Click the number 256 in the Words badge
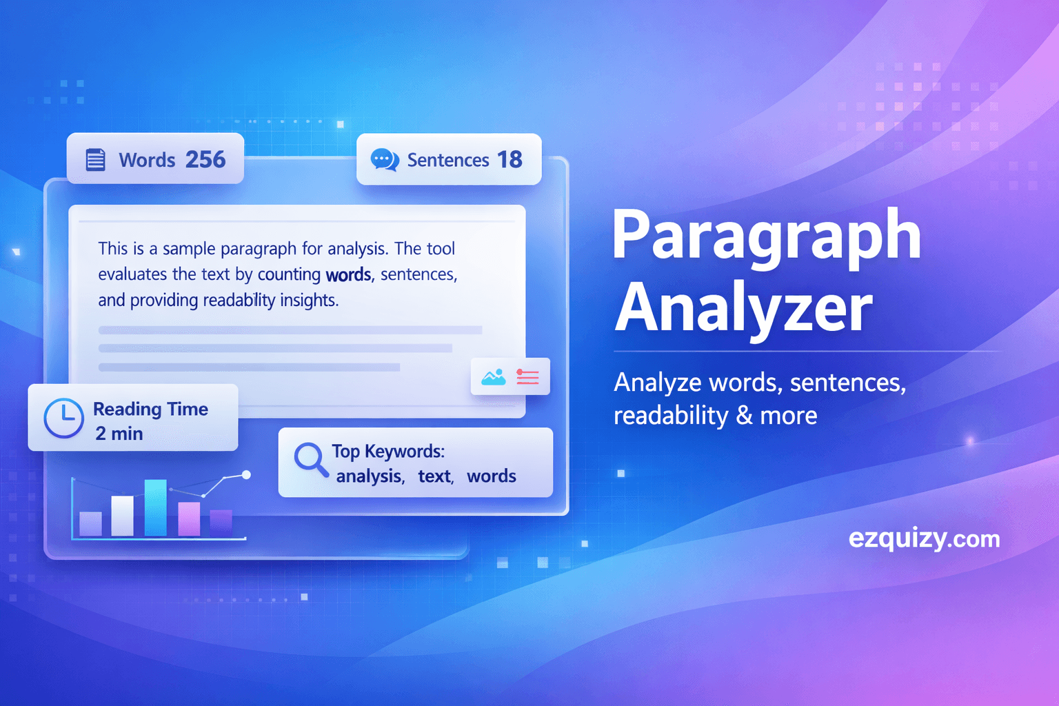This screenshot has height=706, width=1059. point(205,159)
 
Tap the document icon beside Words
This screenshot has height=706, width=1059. point(95,159)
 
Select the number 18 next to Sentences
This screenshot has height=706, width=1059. point(510,159)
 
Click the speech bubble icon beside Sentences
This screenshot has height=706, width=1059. point(384,159)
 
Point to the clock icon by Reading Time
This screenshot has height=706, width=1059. point(63,418)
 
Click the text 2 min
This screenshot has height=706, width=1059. point(119,434)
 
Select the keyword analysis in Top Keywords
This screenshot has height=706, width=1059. point(370,476)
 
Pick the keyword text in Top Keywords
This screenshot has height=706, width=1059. point(435,476)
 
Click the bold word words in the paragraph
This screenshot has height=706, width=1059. point(348,274)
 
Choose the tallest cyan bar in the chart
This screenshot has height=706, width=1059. point(155,507)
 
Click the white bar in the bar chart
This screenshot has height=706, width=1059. point(123,516)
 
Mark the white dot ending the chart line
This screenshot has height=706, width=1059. point(246,475)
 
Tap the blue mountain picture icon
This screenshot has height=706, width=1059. point(493,376)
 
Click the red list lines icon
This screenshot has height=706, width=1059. point(528,376)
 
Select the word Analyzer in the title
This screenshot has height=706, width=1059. point(743,308)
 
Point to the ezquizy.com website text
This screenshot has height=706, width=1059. point(924,538)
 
